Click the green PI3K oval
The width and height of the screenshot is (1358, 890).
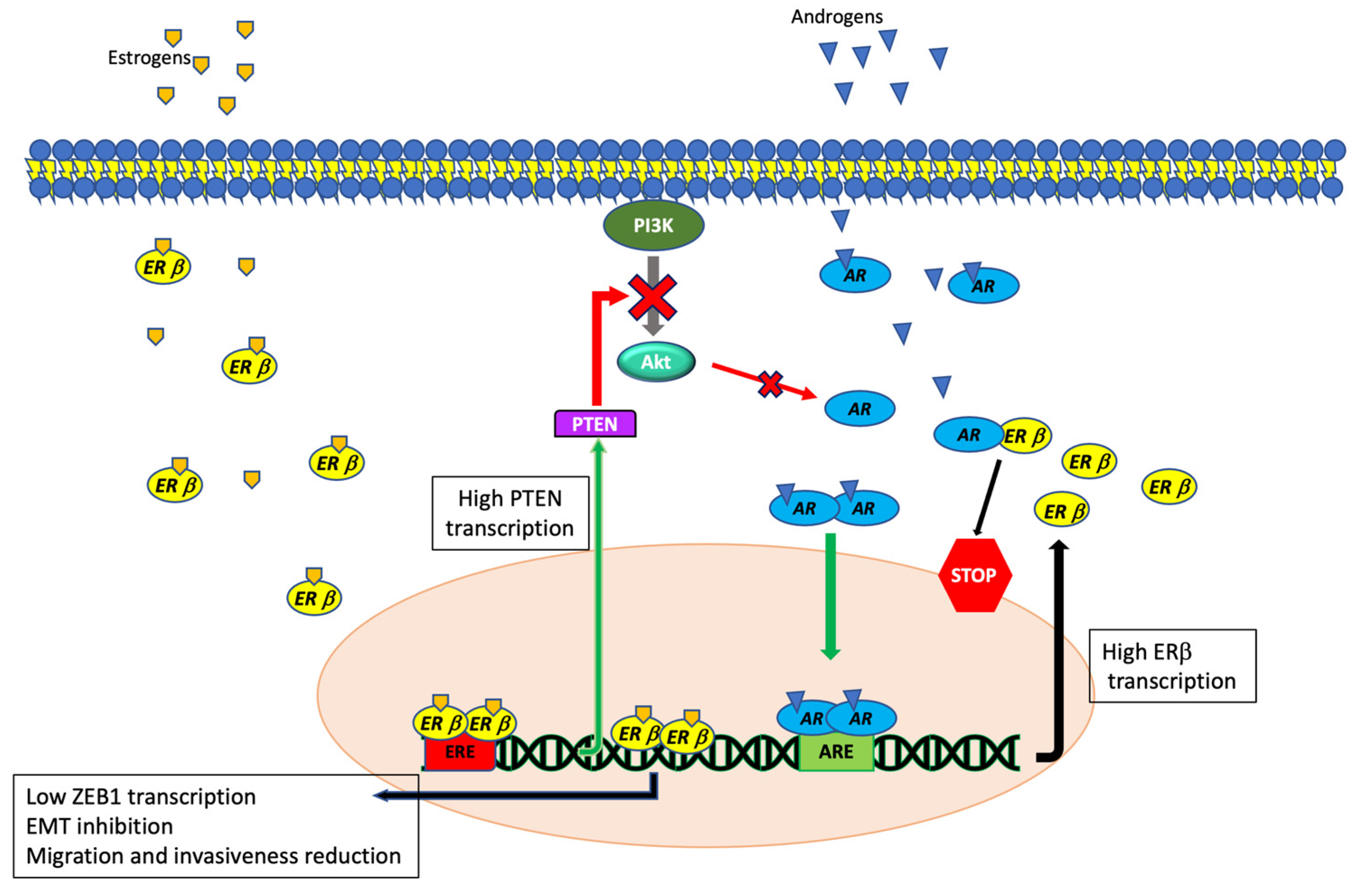pyautogui.click(x=653, y=225)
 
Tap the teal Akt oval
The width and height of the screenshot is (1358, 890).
pyautogui.click(x=656, y=362)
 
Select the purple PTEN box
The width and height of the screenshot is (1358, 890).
pyautogui.click(x=595, y=424)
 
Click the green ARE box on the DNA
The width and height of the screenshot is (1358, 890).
pyautogui.click(x=836, y=751)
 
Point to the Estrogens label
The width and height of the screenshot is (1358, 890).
pyautogui.click(x=149, y=58)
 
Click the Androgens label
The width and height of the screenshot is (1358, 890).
pyautogui.click(x=836, y=17)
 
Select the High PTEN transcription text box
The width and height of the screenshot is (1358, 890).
pyautogui.click(x=510, y=513)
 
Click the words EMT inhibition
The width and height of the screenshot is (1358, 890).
pyautogui.click(x=100, y=826)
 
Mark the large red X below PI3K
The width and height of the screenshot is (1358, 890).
pyautogui.click(x=652, y=297)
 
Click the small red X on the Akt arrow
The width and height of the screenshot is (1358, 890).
pyautogui.click(x=771, y=384)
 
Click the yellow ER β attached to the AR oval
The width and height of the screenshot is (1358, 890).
pyautogui.click(x=1025, y=436)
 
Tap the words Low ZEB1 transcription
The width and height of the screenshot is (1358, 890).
pyautogui.click(x=141, y=797)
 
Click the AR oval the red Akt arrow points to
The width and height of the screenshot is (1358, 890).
pyautogui.click(x=859, y=408)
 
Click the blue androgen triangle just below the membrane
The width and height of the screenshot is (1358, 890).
pyautogui.click(x=840, y=219)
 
